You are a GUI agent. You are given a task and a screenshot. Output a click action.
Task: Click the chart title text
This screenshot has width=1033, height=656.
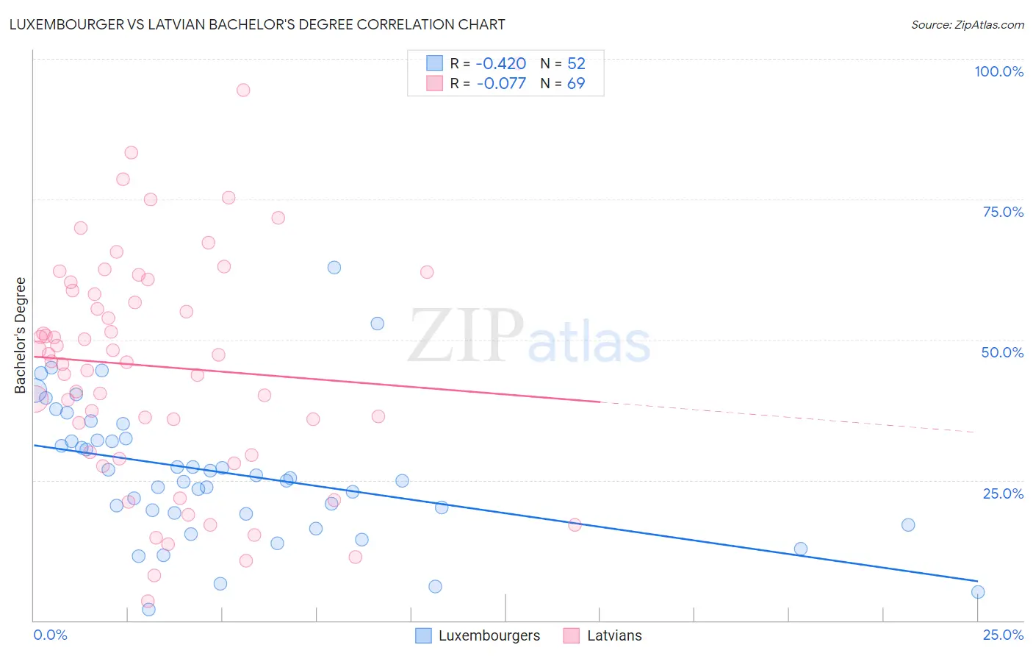(257, 24)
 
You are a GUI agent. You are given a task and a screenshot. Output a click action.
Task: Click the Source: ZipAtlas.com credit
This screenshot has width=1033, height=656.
(967, 25)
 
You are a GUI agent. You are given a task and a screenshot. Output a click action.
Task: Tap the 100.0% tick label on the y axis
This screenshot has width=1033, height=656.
(998, 71)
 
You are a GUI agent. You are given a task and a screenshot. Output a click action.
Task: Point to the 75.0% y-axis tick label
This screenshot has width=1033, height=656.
(1003, 212)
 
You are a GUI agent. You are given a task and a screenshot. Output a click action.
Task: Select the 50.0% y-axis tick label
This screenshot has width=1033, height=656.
(1002, 352)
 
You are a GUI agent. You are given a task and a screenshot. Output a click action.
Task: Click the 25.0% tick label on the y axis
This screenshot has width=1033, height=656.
(1003, 493)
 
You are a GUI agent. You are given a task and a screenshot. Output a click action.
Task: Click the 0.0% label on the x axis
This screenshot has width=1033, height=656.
(50, 635)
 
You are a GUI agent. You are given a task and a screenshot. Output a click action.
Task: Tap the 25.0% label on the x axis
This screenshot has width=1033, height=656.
(1003, 635)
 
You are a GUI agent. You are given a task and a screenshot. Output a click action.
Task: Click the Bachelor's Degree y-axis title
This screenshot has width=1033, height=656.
(21, 335)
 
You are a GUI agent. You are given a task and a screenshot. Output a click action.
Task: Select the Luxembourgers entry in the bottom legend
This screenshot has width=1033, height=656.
(489, 635)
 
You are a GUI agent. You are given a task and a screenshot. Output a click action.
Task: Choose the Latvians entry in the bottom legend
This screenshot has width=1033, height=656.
(614, 635)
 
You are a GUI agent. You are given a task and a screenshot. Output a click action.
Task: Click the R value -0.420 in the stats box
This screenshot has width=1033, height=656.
(501, 63)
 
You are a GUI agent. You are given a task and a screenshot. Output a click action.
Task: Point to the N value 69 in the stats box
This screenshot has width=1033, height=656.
(576, 83)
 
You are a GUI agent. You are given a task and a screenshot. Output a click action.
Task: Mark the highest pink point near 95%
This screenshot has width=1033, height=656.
(243, 90)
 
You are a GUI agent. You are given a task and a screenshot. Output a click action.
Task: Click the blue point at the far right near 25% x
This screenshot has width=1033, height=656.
(978, 592)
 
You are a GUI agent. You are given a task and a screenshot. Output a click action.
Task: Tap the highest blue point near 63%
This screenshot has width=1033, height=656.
(334, 268)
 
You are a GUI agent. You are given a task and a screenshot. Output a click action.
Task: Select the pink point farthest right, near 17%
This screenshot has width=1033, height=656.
(575, 524)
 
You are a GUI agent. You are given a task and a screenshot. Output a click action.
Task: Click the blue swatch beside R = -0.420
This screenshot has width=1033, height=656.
(435, 63)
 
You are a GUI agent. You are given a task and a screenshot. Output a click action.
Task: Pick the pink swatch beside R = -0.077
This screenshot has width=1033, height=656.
(435, 83)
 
